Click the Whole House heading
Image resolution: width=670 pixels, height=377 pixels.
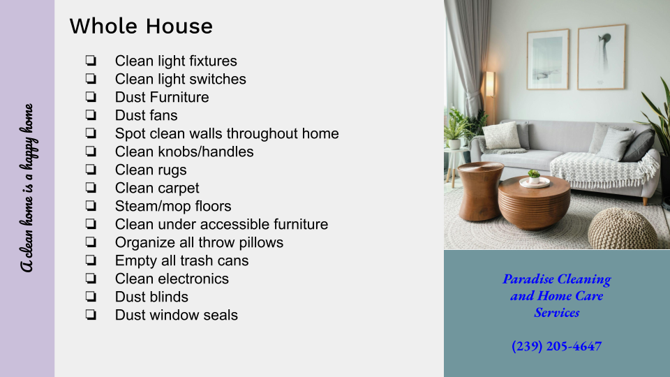[x=141, y=26]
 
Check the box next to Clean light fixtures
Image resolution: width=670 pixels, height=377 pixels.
[x=91, y=61]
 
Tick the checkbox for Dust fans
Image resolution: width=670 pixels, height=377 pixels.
[x=91, y=115]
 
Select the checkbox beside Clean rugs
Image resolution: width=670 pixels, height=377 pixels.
[x=91, y=170]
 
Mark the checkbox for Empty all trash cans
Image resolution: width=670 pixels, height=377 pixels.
[x=91, y=260]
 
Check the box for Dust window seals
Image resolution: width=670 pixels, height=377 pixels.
[x=91, y=315]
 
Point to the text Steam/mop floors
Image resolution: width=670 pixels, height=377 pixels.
[x=173, y=207]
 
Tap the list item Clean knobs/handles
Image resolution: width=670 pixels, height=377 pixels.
[x=184, y=151]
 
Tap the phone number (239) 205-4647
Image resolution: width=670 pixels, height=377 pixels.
[x=557, y=346]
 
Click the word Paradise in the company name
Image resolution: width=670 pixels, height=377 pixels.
[x=528, y=279]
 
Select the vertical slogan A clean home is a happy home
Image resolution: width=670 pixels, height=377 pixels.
[x=27, y=188]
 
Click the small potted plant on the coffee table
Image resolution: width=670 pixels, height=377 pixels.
[x=534, y=176]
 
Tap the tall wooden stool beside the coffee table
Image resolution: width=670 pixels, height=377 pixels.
[x=480, y=191]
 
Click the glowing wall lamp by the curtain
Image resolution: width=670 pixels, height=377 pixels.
[x=490, y=84]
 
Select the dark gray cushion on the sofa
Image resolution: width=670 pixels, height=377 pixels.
[x=639, y=145]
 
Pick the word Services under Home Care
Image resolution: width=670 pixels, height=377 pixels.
[x=557, y=313]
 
